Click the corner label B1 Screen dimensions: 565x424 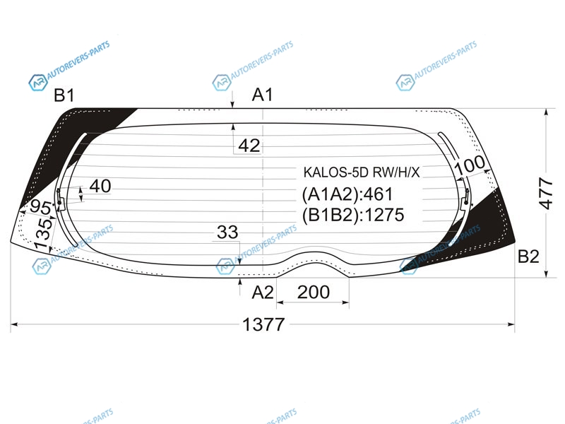64,95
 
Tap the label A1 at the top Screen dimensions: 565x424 262,95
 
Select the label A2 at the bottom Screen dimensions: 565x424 262,293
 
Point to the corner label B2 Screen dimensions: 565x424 528,257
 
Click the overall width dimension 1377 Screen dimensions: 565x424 263,324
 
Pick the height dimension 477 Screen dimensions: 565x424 546,193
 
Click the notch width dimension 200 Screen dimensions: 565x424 313,292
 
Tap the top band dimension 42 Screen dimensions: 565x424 249,146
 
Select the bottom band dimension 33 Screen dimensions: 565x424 227,232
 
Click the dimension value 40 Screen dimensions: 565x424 100,186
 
